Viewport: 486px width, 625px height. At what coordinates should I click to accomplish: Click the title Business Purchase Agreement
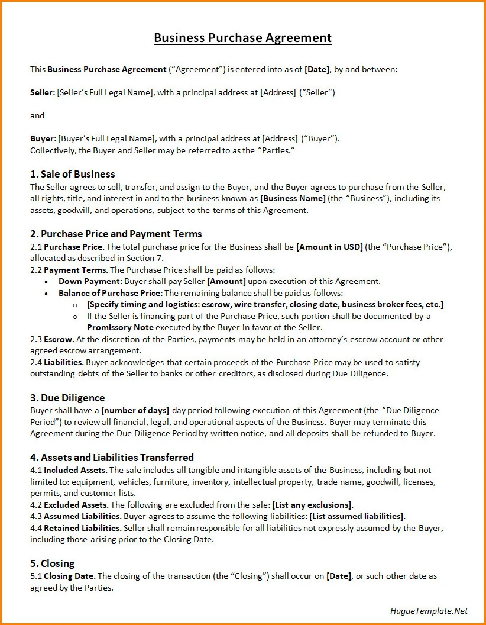(x=242, y=38)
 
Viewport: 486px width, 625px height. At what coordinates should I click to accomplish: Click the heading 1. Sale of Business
(x=72, y=174)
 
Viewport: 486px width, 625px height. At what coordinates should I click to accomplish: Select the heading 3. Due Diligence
(x=67, y=398)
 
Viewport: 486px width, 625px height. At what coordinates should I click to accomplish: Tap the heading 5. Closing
(x=52, y=563)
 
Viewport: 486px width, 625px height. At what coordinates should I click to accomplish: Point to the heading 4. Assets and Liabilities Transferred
(x=112, y=458)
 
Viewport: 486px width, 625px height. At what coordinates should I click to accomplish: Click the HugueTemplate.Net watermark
(x=429, y=611)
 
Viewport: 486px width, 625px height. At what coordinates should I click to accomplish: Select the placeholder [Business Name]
(x=293, y=198)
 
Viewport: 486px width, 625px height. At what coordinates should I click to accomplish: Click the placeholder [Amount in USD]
(x=329, y=247)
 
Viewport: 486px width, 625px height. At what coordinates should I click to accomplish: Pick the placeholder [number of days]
(x=135, y=410)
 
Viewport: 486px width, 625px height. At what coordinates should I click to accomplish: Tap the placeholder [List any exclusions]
(x=312, y=505)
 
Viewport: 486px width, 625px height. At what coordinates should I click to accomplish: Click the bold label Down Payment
(x=90, y=281)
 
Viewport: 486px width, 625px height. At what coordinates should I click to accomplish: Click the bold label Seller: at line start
(x=43, y=92)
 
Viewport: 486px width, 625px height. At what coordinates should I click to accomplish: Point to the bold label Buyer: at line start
(x=43, y=138)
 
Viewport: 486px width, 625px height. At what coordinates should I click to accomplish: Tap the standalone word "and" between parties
(x=37, y=115)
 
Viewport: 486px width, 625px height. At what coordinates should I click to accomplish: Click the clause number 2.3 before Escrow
(x=37, y=339)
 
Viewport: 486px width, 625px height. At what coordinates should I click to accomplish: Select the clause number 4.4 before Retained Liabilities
(x=37, y=527)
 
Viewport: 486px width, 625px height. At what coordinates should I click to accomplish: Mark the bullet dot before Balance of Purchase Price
(x=46, y=293)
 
